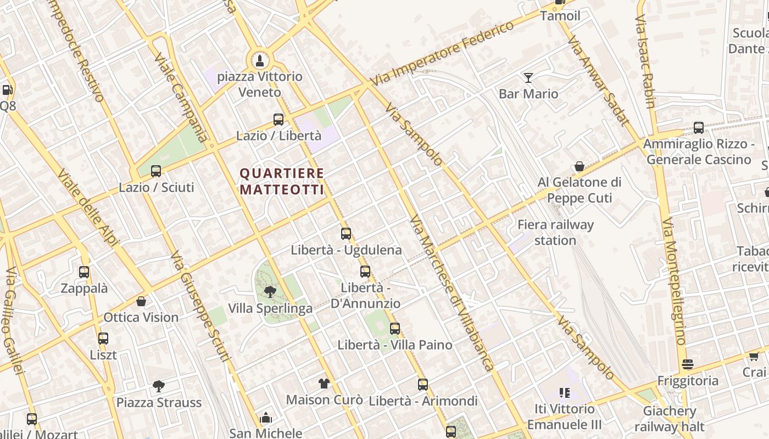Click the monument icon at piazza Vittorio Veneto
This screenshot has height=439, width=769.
(259, 60)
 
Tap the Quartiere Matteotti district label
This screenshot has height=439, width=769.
(282, 181)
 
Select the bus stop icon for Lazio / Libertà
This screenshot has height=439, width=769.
(278, 119)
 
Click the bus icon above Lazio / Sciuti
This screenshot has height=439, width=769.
(156, 171)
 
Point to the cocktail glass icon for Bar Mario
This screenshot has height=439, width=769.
(528, 78)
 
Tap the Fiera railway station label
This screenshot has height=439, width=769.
(555, 232)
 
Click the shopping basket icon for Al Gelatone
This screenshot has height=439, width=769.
(579, 166)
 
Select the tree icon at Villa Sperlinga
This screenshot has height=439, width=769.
(270, 292)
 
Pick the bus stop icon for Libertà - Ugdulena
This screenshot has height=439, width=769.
(346, 234)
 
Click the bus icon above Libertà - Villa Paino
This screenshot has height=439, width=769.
(395, 329)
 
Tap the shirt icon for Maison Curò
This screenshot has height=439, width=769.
(324, 384)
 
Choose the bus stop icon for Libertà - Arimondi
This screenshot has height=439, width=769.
(422, 385)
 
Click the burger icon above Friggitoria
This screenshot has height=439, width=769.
(687, 364)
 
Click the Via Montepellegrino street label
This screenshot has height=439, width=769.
(674, 282)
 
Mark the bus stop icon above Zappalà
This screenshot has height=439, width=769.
(84, 272)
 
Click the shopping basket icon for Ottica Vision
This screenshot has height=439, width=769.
(141, 301)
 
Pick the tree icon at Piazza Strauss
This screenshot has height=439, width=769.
(159, 386)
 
